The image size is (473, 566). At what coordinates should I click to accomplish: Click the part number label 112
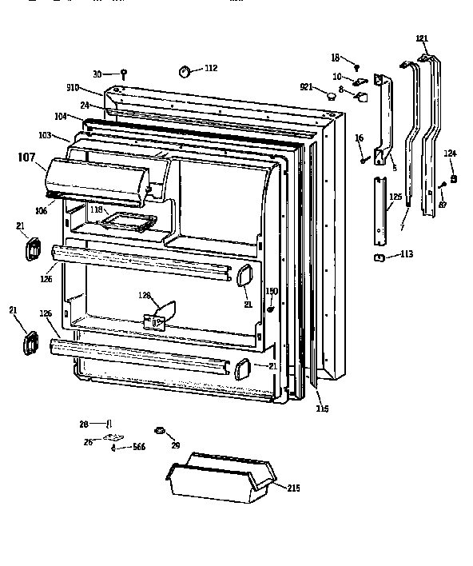pos(210,69)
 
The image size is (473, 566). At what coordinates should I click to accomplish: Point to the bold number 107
pos(26,157)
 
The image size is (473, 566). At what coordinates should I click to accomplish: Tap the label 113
pos(406,255)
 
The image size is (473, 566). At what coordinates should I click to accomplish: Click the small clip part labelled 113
pos(381,257)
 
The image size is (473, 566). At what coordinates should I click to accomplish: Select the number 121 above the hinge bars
pos(423,38)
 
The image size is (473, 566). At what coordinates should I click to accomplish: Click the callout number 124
pos(451,153)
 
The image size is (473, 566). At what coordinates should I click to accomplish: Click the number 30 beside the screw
pos(97,74)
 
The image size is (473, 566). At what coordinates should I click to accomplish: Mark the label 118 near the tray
pos(97,209)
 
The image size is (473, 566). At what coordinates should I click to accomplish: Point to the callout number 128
pos(144,296)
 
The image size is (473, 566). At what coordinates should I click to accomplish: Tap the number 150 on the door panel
pos(271,291)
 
